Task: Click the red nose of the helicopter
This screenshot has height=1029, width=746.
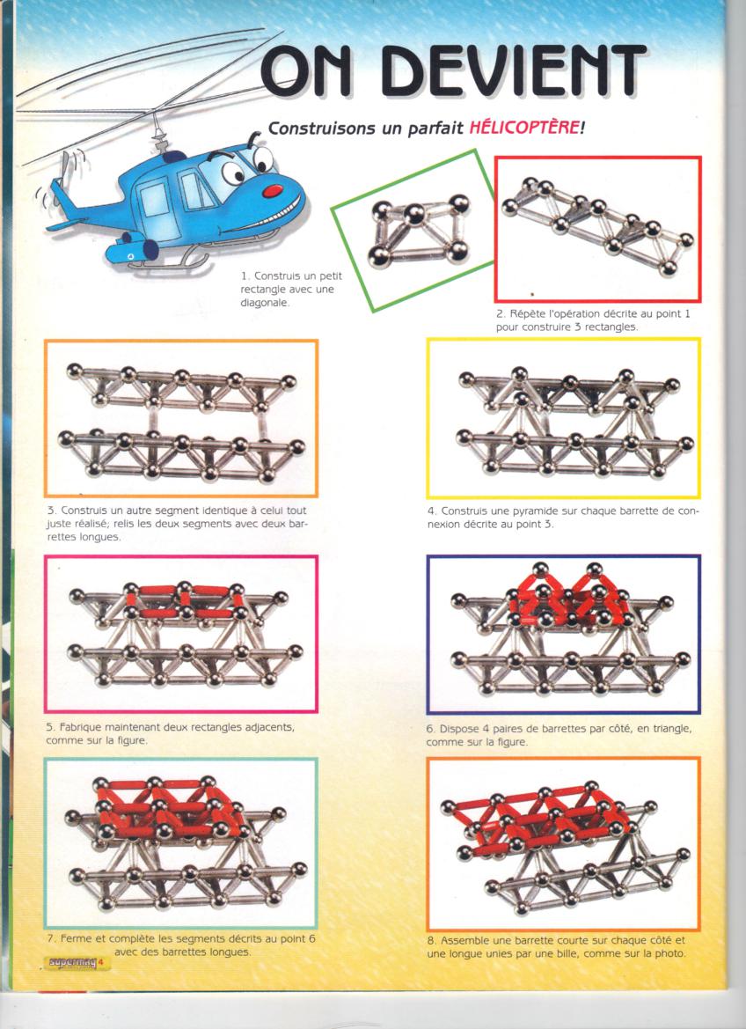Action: click(x=273, y=191)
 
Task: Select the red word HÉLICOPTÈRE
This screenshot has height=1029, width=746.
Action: click(x=523, y=128)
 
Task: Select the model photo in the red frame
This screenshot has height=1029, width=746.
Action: click(x=597, y=229)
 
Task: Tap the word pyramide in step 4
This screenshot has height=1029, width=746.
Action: click(x=528, y=511)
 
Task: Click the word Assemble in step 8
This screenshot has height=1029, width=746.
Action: click(x=465, y=940)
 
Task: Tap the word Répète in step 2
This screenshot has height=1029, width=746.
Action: click(x=526, y=314)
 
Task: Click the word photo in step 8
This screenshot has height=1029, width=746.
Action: click(x=670, y=953)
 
